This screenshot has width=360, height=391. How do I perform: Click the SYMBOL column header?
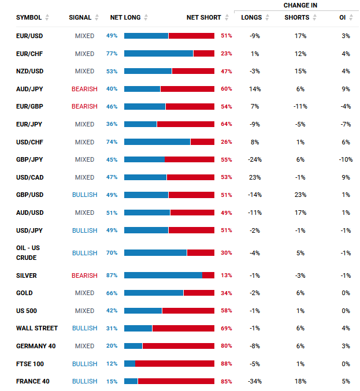[29, 17]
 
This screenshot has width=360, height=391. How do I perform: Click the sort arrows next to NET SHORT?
[227, 17]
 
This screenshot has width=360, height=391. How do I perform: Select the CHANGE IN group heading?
[300, 5]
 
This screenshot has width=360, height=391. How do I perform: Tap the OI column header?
[342, 17]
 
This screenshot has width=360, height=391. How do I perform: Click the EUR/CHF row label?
[29, 54]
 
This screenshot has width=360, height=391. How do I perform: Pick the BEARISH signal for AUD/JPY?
[84, 89]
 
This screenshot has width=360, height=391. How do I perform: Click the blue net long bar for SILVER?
[163, 275]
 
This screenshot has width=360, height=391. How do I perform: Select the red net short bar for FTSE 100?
[175, 364]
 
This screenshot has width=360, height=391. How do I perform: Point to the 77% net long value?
[112, 54]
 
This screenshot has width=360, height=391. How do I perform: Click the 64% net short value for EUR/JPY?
[227, 124]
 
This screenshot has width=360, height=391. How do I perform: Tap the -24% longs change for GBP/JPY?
[255, 159]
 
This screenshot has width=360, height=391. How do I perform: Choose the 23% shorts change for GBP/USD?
[300, 195]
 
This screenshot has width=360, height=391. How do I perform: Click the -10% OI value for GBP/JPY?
[346, 159]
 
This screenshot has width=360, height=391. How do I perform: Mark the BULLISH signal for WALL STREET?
[84, 328]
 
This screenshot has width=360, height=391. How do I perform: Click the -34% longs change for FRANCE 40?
[255, 381]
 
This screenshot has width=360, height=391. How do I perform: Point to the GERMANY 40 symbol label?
[36, 346]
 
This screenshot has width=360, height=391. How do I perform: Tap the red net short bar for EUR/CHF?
[204, 53]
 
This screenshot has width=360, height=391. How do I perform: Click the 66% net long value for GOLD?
[112, 293]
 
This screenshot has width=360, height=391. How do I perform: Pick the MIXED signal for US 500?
[84, 311]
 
